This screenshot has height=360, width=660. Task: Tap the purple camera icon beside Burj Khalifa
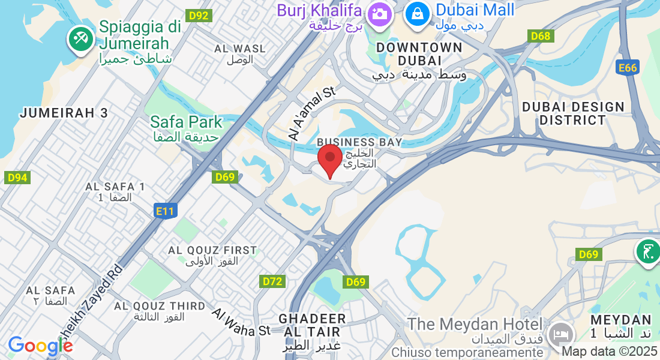379,13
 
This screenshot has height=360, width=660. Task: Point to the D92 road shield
198,16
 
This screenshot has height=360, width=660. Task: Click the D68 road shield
541,36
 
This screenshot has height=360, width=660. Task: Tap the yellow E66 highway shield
628,68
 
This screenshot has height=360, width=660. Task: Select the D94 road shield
17,178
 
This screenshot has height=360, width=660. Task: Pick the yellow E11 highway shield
164,211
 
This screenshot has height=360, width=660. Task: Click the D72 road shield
272,281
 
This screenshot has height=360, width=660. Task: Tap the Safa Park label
186,122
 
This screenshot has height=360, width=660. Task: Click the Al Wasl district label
240,48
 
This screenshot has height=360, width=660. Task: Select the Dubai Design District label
573,113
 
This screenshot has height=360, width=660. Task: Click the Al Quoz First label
212,250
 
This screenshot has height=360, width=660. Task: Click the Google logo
40,346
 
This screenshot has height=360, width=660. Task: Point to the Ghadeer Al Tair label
312,325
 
